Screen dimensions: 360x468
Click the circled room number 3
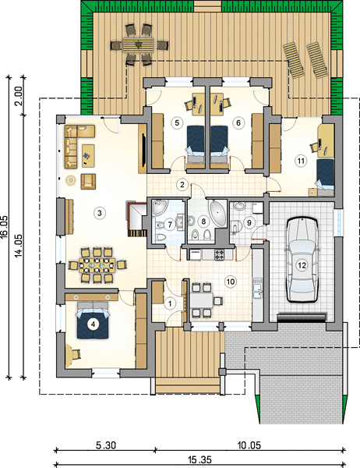(x=100, y=213)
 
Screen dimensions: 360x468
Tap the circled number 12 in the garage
(x=302, y=265)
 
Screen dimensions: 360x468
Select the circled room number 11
(x=301, y=161)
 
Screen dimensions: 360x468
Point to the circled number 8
(x=203, y=222)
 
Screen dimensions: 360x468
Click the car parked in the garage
(x=302, y=260)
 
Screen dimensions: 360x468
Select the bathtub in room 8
(x=218, y=213)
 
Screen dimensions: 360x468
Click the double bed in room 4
(x=93, y=322)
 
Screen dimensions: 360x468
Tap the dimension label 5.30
(x=105, y=445)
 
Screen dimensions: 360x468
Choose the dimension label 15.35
(x=199, y=459)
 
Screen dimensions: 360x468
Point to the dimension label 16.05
(x=4, y=226)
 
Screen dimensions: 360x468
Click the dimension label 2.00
(x=19, y=96)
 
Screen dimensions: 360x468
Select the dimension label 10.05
(x=249, y=445)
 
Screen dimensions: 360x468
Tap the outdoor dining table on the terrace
(x=138, y=44)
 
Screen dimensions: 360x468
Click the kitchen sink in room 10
(x=257, y=289)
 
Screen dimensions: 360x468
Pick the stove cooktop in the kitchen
(x=219, y=254)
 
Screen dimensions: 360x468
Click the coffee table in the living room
(x=88, y=155)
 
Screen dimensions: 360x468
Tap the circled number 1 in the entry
(x=170, y=304)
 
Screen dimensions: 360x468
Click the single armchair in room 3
(x=88, y=181)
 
